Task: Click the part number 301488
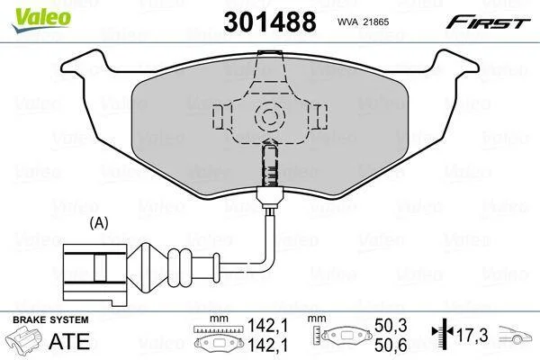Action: (x=270, y=22)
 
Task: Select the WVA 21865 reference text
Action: (x=364, y=22)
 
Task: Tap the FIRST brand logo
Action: (x=488, y=22)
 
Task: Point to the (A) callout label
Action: (x=99, y=223)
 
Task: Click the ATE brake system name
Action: (x=69, y=341)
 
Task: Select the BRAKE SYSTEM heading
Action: (x=50, y=319)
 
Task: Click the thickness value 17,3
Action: (x=472, y=335)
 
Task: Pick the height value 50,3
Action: (x=391, y=325)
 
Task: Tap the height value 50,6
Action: (x=391, y=345)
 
